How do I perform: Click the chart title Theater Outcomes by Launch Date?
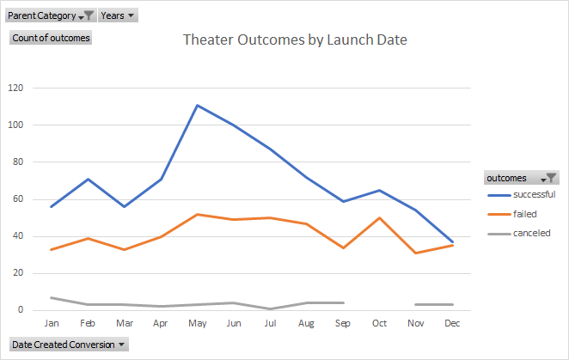pyautogui.click(x=295, y=40)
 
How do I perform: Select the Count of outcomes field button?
pyautogui.click(x=51, y=38)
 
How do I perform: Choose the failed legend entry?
pyautogui.click(x=525, y=213)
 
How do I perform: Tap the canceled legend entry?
pyautogui.click(x=531, y=232)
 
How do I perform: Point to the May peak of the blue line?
pyautogui.click(x=197, y=106)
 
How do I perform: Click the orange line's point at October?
pyautogui.click(x=379, y=217)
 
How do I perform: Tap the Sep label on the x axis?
pyautogui.click(x=342, y=323)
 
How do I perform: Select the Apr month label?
pyautogui.click(x=160, y=323)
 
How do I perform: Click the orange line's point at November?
pyautogui.click(x=416, y=253)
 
